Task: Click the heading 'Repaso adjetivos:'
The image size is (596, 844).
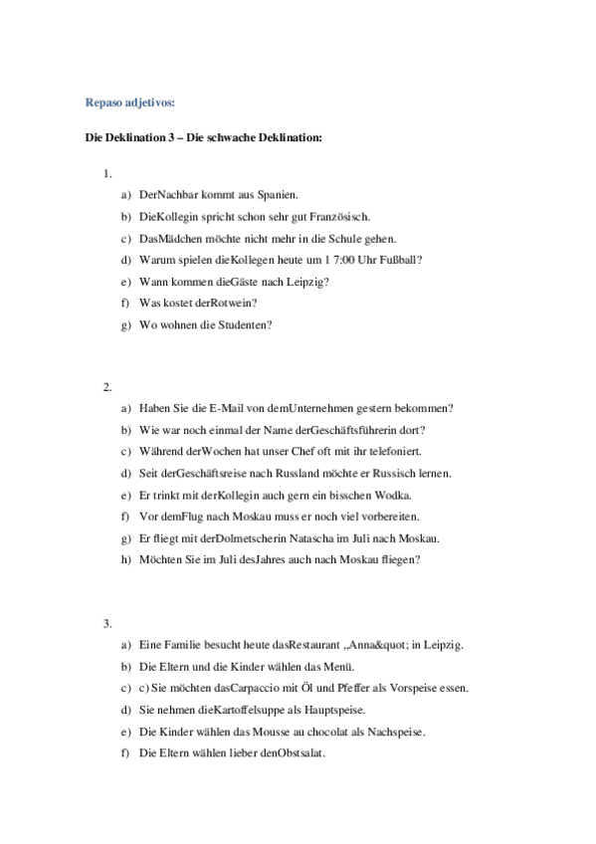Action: pyautogui.click(x=129, y=102)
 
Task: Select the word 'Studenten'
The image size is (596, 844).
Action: pyautogui.click(x=242, y=324)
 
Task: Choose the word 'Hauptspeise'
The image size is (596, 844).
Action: pyautogui.click(x=336, y=710)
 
